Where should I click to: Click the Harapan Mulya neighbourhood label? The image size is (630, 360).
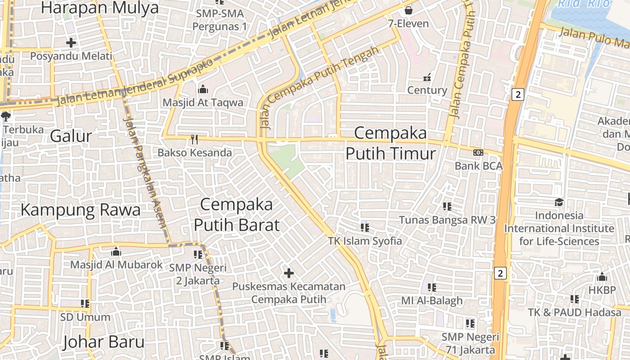pyautogui.click(x=99, y=8)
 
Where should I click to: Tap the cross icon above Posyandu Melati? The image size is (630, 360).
pyautogui.click(x=71, y=43)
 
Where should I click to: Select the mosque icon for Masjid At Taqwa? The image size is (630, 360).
pyautogui.click(x=203, y=89)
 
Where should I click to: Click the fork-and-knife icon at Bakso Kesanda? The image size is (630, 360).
pyautogui.click(x=194, y=139)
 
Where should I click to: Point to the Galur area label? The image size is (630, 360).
pyautogui.click(x=71, y=135)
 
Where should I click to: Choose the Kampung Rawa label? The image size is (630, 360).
pyautogui.click(x=81, y=210)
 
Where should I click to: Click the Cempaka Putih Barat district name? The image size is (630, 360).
pyautogui.click(x=236, y=215)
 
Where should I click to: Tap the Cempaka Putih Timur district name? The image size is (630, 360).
pyautogui.click(x=391, y=143)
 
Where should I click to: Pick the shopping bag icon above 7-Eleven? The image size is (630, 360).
pyautogui.click(x=409, y=9)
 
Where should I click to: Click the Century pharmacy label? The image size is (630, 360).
pyautogui.click(x=427, y=90)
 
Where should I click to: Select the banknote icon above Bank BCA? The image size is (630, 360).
pyautogui.click(x=478, y=153)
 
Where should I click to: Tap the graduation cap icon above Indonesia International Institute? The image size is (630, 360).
pyautogui.click(x=559, y=202)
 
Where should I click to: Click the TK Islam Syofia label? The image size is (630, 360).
pyautogui.click(x=365, y=241)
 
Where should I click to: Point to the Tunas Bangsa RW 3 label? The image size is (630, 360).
pyautogui.click(x=447, y=220)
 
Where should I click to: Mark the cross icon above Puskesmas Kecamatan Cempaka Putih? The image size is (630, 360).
pyautogui.click(x=289, y=273)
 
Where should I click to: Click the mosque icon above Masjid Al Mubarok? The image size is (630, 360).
pyautogui.click(x=116, y=251)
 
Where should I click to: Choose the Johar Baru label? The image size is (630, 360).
pyautogui.click(x=103, y=342)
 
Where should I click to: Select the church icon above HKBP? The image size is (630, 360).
pyautogui.click(x=602, y=277)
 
